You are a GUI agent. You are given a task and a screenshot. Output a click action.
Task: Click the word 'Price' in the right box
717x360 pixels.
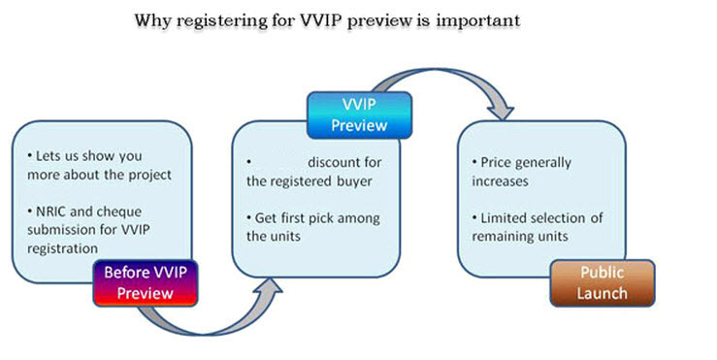pos(501,161)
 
